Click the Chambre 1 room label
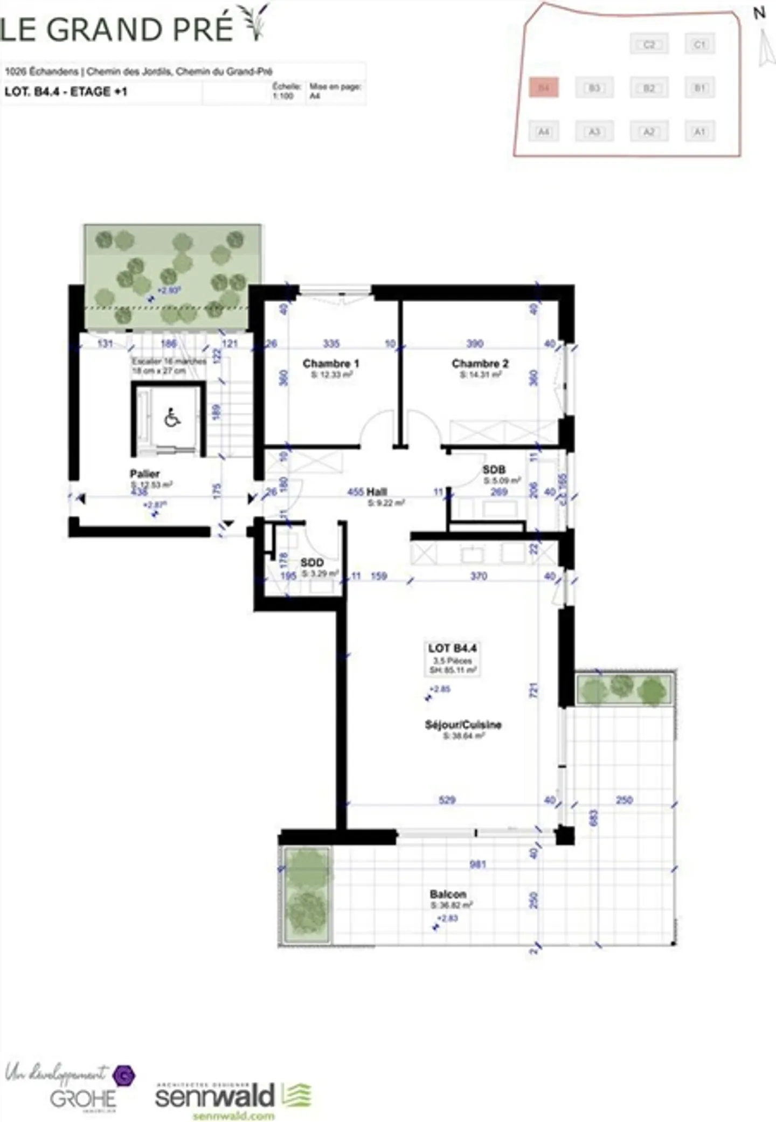(x=330, y=364)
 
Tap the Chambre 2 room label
(x=480, y=364)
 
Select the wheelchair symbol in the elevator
(x=172, y=418)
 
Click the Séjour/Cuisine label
(x=463, y=725)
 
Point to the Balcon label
(x=448, y=894)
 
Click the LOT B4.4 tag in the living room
(x=452, y=648)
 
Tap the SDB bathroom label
(x=494, y=470)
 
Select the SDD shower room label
(x=312, y=563)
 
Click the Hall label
(x=377, y=491)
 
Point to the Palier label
(x=144, y=474)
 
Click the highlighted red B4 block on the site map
(x=544, y=87)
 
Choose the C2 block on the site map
(x=649, y=44)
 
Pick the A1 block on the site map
(x=699, y=131)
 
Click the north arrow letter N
(x=759, y=13)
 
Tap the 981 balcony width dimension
(x=477, y=864)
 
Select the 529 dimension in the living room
(x=447, y=800)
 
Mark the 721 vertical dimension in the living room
(x=533, y=689)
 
